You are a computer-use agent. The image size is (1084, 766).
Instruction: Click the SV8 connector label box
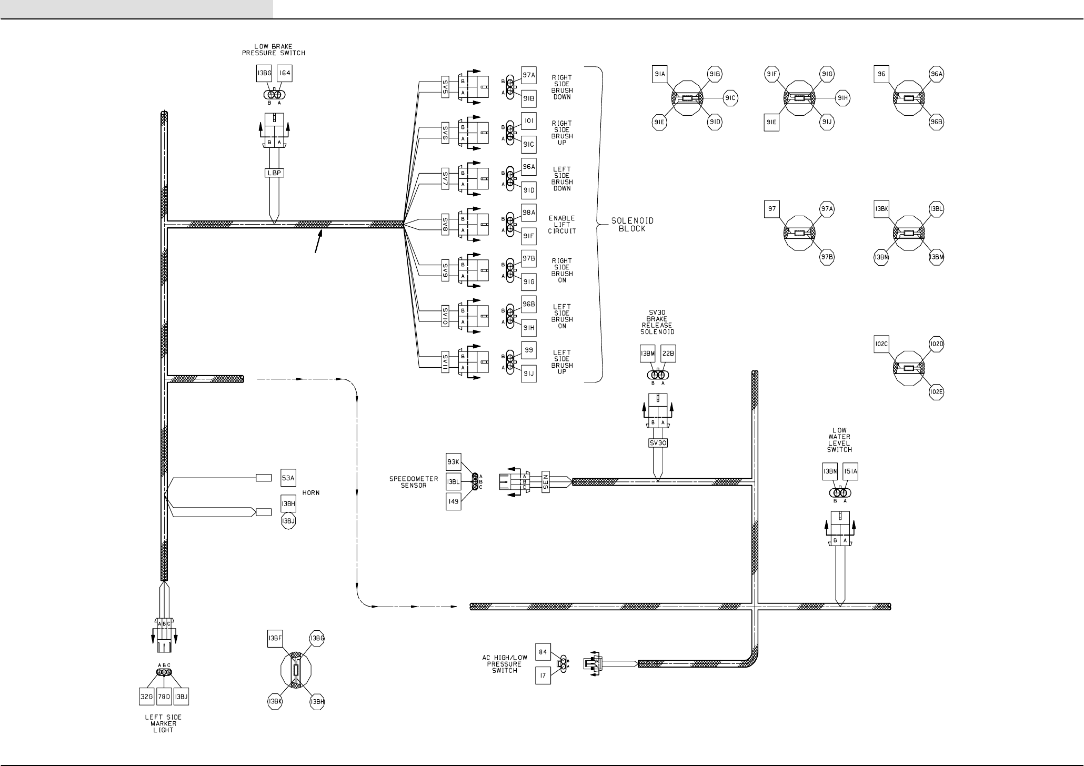click(445, 225)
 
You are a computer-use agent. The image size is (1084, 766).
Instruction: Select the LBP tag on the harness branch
click(274, 172)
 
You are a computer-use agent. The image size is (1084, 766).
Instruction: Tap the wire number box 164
click(284, 74)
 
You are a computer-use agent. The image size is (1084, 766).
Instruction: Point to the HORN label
click(311, 493)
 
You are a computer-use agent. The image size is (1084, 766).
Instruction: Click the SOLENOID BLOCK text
click(633, 225)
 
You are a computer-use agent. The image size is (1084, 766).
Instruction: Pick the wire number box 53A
click(288, 478)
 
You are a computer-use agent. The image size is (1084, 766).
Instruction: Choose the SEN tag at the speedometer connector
click(546, 481)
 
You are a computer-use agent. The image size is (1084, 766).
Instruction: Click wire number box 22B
click(668, 354)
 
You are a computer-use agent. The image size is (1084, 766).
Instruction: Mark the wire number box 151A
click(850, 472)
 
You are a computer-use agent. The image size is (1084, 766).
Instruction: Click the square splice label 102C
click(881, 345)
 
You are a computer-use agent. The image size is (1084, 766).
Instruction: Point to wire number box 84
click(543, 652)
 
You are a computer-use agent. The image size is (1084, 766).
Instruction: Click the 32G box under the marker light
click(146, 697)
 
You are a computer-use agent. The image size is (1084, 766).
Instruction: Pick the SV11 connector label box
click(445, 362)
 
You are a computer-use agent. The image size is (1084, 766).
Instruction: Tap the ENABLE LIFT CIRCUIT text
click(562, 225)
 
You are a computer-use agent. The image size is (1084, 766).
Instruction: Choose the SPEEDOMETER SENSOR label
click(414, 482)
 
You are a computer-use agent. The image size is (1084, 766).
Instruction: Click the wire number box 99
click(529, 350)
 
